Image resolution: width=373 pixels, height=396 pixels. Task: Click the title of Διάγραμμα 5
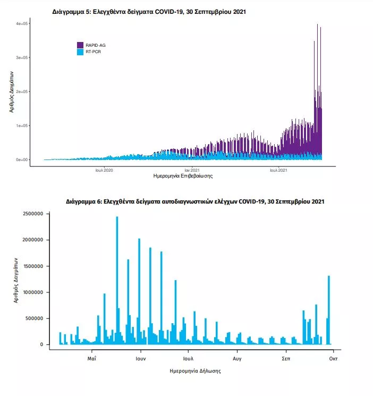(150, 11)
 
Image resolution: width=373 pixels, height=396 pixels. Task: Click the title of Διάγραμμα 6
(196, 202)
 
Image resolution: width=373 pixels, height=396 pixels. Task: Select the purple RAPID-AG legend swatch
(81, 45)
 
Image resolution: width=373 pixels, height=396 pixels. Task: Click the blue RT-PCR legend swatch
(81, 52)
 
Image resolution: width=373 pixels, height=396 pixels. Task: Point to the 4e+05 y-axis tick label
(22, 24)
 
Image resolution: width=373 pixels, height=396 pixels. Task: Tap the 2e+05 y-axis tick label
(22, 92)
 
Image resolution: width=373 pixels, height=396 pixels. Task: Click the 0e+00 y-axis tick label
(22, 159)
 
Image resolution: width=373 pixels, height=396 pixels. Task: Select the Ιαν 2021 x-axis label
(192, 170)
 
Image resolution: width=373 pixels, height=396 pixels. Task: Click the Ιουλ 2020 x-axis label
(104, 170)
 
